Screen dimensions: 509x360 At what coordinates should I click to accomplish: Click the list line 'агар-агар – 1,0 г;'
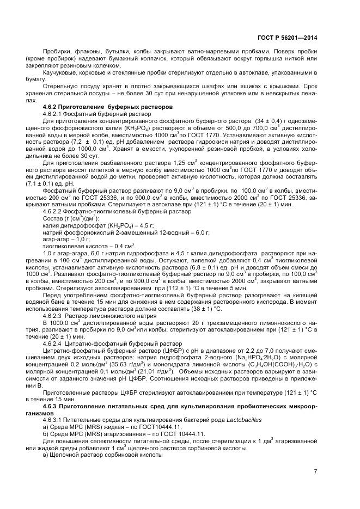69,239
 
